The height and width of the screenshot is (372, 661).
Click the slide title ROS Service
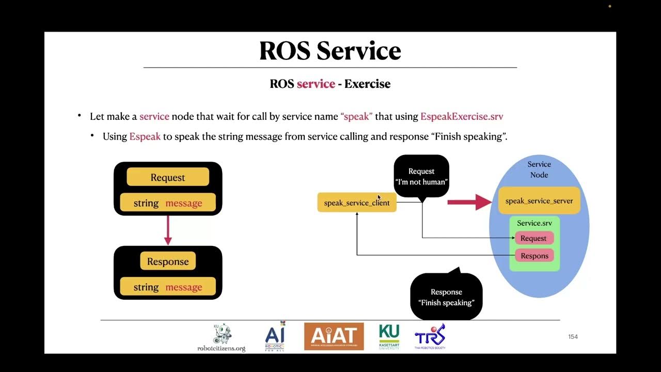click(330, 51)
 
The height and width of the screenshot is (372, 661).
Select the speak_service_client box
click(357, 203)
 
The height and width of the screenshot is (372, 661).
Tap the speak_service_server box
click(539, 200)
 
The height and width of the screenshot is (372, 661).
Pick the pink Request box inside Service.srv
click(534, 238)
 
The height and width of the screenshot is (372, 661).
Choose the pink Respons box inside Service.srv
click(534, 256)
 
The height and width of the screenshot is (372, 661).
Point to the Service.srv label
click(534, 223)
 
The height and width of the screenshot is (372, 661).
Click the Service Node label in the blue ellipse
click(539, 169)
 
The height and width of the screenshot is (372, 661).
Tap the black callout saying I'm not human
click(421, 176)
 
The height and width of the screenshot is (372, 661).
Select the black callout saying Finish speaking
click(446, 297)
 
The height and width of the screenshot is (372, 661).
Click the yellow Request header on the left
click(168, 177)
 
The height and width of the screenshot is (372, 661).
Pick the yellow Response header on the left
click(168, 261)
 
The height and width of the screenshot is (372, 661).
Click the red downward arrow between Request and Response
click(168, 230)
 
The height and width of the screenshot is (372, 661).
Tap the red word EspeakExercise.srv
click(462, 116)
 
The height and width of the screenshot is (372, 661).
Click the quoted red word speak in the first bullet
click(356, 116)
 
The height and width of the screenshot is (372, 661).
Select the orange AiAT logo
click(334, 336)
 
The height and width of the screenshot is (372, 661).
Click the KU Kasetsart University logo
click(389, 336)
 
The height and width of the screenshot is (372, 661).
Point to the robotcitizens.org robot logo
click(222, 337)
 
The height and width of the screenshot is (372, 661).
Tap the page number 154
click(573, 337)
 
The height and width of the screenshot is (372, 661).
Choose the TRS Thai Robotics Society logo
click(430, 336)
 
